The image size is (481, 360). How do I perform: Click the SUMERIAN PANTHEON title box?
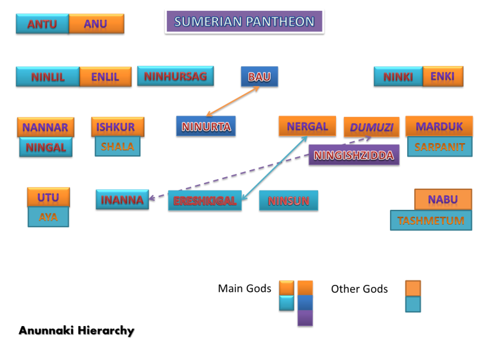click(244, 22)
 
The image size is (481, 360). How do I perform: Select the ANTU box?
click(42, 24)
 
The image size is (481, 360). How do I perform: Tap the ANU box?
click(96, 24)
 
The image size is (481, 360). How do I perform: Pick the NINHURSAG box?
click(175, 76)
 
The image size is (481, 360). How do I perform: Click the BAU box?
click(259, 77)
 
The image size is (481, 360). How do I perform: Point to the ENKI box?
click(442, 76)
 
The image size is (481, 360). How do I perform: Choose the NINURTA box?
click(206, 126)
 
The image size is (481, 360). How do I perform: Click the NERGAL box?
click(307, 126)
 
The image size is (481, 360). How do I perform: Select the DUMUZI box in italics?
click(371, 127)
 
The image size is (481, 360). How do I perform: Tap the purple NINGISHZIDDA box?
click(354, 155)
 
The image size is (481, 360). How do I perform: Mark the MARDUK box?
click(439, 126)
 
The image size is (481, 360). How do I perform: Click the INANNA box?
click(122, 200)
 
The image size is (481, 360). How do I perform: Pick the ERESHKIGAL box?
click(205, 201)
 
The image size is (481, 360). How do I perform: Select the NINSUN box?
click(288, 201)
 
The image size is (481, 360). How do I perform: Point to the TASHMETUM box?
click(431, 220)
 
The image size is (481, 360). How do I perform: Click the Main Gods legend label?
click(244, 289)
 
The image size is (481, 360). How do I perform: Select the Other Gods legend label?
click(359, 289)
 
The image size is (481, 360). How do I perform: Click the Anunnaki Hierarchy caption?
click(76, 331)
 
